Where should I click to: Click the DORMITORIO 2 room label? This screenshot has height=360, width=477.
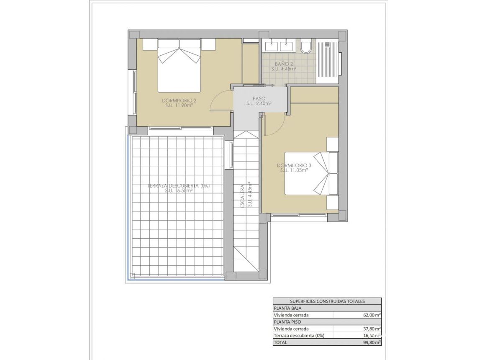click(x=179, y=100)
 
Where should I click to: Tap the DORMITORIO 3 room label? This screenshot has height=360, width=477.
click(x=293, y=165)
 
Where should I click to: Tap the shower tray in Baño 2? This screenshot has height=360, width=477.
click(x=328, y=59)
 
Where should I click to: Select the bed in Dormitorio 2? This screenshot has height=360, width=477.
click(x=179, y=66)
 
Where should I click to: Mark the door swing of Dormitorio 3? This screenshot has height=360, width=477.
click(x=274, y=126)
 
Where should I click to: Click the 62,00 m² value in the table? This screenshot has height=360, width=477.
click(x=372, y=315)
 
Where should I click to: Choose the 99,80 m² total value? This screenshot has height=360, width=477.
click(x=372, y=342)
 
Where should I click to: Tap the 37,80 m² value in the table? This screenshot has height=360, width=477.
click(x=372, y=329)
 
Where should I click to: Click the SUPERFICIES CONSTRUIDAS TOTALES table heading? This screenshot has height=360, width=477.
click(x=327, y=301)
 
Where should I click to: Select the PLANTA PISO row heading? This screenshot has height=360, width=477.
click(x=287, y=322)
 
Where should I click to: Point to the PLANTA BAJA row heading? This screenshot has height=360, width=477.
click(x=287, y=308)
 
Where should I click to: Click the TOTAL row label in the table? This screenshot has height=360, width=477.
click(x=280, y=342)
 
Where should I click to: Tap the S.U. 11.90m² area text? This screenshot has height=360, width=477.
click(x=179, y=105)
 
